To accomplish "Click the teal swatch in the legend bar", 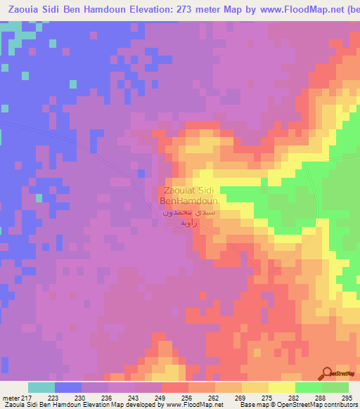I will click(41, 387).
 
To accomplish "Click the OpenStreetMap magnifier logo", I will click(326, 372).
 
